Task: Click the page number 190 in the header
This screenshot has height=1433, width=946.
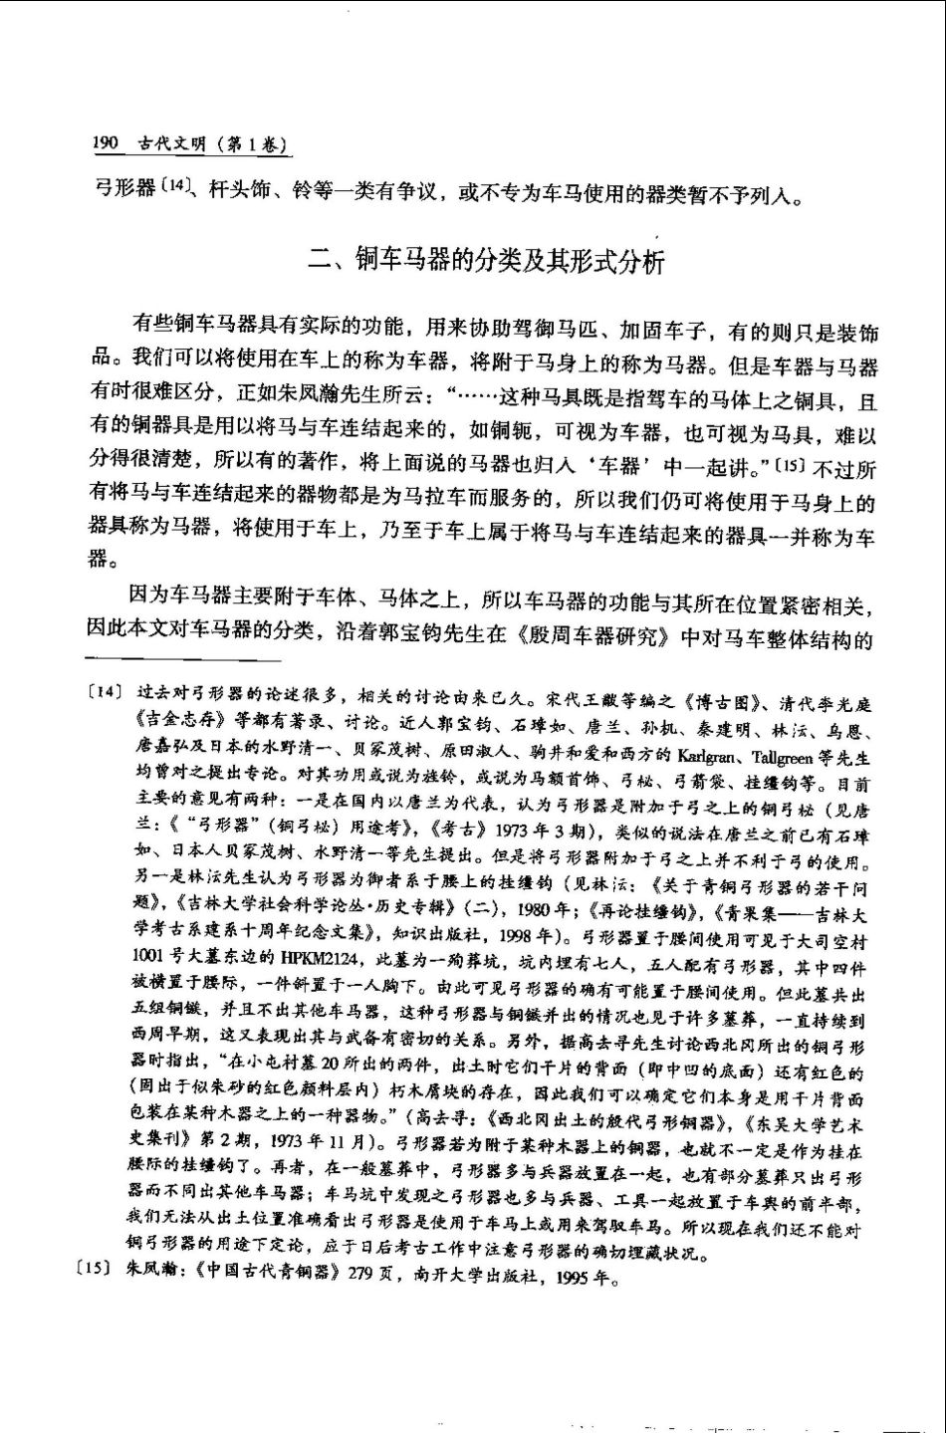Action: [x=106, y=144]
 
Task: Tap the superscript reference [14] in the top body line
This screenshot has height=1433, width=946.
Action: [x=173, y=185]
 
